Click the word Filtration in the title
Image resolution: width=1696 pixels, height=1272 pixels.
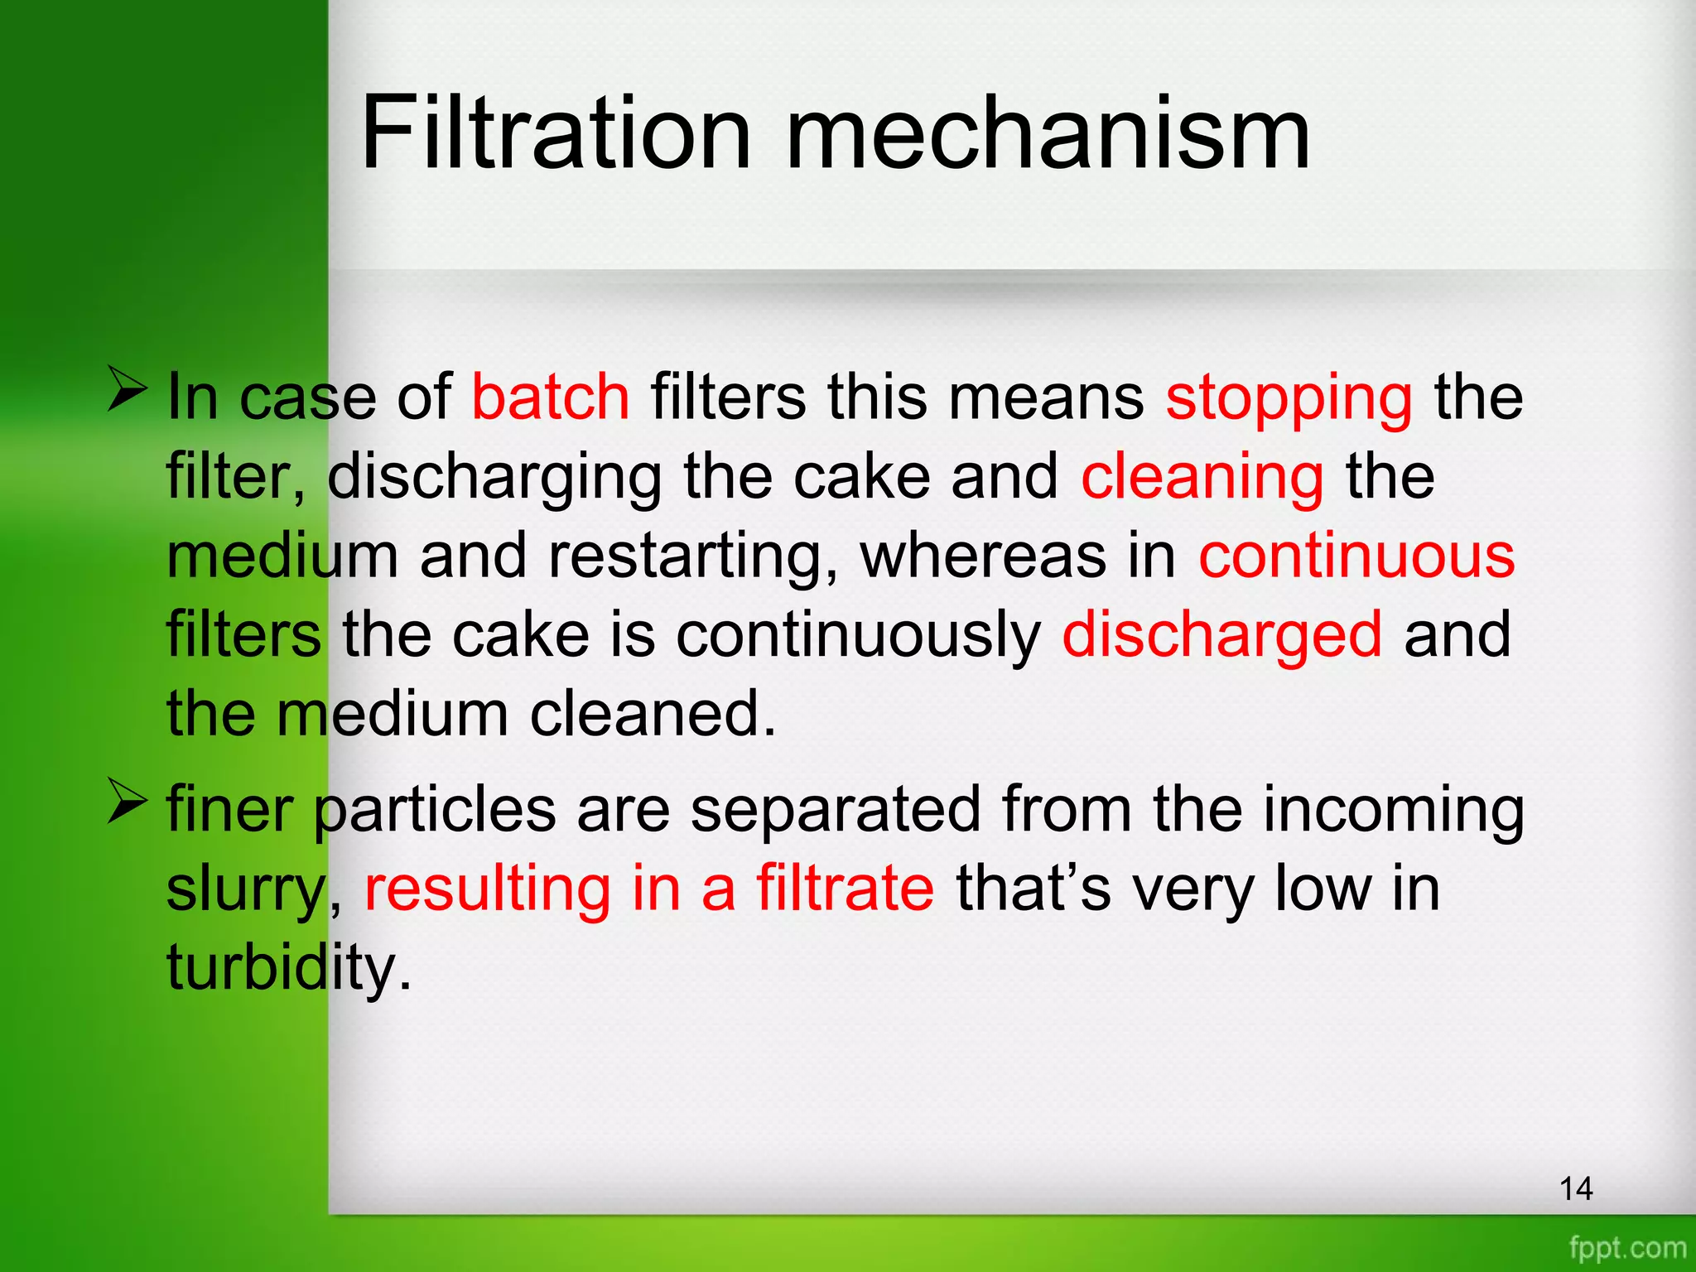[x=556, y=132]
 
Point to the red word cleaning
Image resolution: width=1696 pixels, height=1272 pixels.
[x=1202, y=478]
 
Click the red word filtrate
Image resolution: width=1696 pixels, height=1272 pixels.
[x=845, y=887]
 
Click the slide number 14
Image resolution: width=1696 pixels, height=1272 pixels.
[x=1576, y=1189]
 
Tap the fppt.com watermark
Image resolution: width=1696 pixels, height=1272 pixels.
[x=1627, y=1247]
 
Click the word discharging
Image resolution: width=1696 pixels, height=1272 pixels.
[x=494, y=478]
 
